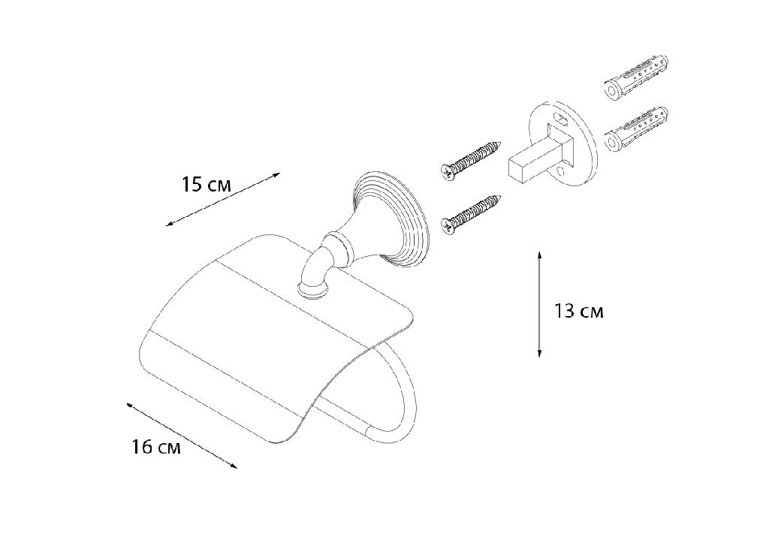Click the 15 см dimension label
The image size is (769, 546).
206,185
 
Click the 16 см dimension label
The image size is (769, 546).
156,447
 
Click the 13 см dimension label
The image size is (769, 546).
579,311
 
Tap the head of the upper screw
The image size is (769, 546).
447,172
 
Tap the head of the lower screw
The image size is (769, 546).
447,226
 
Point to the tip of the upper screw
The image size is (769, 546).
501,143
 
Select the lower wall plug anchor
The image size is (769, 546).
636,129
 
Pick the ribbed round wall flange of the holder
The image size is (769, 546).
392,220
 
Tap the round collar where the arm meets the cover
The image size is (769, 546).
312,291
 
